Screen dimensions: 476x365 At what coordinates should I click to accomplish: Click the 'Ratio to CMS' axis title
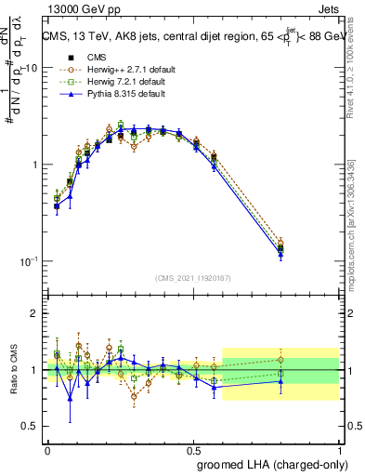(x=12, y=370)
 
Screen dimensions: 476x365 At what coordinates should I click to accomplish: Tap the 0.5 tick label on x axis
(x=193, y=448)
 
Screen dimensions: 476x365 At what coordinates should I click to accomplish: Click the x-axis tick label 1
(x=339, y=448)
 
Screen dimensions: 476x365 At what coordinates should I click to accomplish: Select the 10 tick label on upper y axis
(x=31, y=68)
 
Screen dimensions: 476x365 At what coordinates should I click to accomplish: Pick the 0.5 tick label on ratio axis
(x=32, y=427)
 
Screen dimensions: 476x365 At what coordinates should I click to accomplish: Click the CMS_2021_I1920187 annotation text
(x=193, y=278)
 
